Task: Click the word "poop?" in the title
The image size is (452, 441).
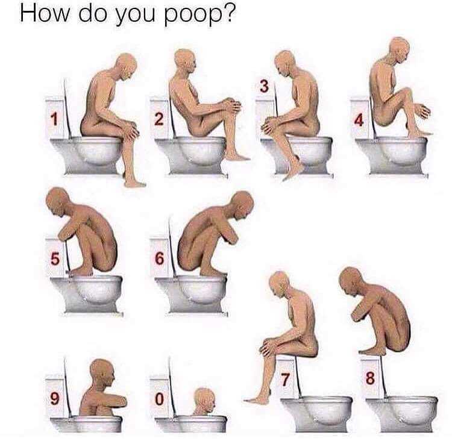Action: coord(200,14)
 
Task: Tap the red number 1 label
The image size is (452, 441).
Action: coord(54,119)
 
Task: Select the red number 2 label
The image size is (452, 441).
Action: coord(159,119)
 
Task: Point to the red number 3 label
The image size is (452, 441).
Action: coord(264,86)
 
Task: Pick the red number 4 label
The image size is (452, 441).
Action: coord(359,120)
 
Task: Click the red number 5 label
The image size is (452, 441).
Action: coord(55,258)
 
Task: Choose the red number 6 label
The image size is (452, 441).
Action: coord(160,258)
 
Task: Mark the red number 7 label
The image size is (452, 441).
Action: coord(285,380)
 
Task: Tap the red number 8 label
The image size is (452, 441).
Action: coord(371,378)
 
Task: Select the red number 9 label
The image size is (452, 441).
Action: coord(55,399)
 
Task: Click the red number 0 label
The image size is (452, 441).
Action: coord(160,399)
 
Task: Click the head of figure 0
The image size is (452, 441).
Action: coord(205,400)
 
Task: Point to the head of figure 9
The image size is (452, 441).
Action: coord(102,374)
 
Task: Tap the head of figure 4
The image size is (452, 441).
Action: coord(400,49)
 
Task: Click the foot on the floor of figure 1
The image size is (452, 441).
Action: coord(134,183)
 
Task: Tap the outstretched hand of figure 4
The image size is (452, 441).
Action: coord(423,110)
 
